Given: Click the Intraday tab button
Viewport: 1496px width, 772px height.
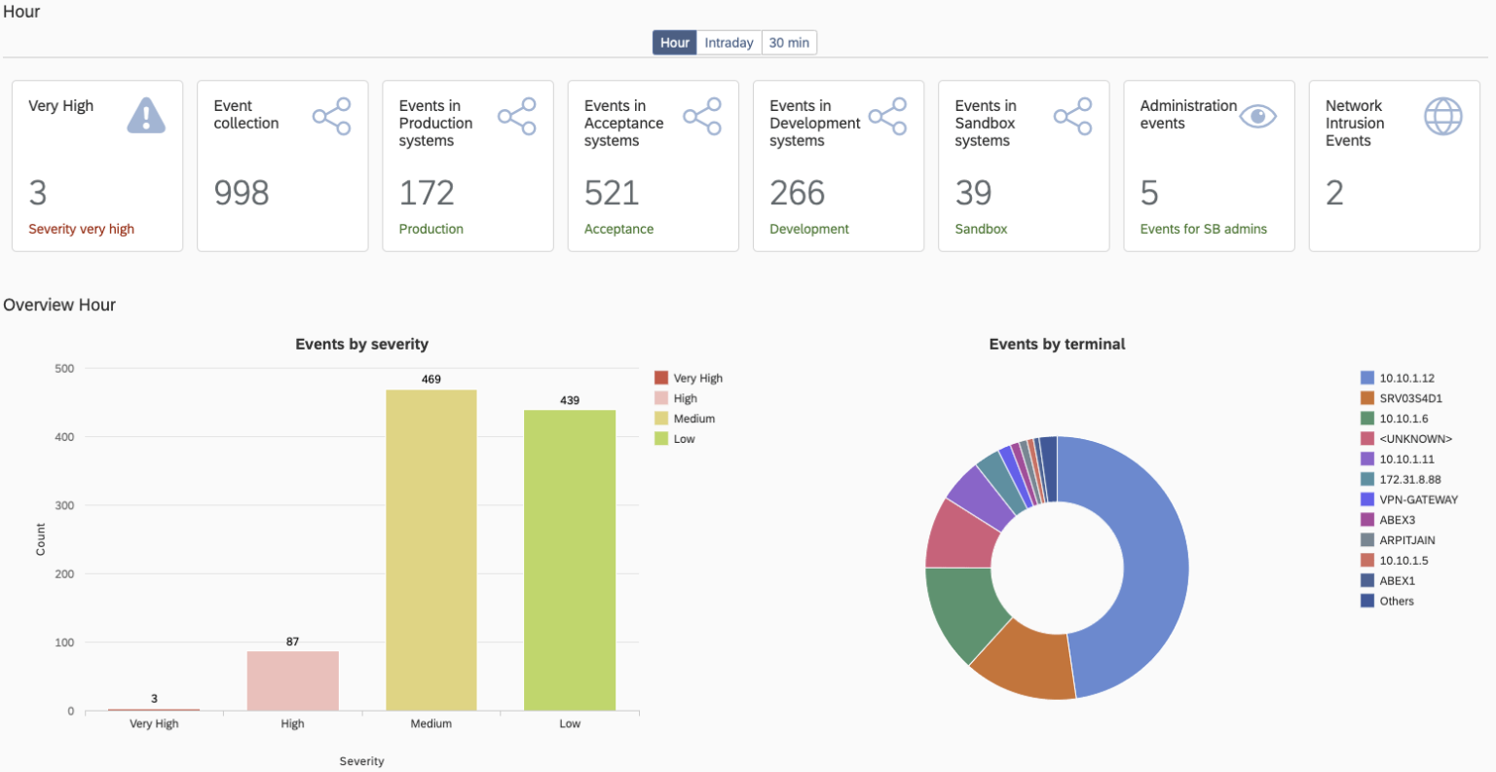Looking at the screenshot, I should point(729,43).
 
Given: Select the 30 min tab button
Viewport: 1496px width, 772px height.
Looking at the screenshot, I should point(789,43).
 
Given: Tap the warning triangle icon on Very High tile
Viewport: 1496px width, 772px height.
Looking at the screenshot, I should point(146,116).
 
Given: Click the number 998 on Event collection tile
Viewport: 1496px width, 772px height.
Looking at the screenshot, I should point(242,193).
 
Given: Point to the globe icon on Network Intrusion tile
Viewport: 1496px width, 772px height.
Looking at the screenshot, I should point(1442,117).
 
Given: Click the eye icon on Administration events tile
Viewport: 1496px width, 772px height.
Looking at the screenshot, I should point(1257,117).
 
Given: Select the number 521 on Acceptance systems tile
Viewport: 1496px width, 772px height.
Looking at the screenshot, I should point(612,193).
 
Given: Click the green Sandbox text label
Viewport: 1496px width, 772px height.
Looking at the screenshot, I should point(981,229).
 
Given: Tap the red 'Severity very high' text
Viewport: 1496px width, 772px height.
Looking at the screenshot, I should point(81,229).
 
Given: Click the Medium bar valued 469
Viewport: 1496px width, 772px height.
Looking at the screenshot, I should point(431,550).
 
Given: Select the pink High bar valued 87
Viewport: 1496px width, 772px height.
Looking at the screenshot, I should point(292,680).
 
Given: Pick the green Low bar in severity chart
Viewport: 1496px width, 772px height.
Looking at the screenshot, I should point(570,560).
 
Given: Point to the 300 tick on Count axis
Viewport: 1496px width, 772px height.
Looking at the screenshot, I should point(64,505).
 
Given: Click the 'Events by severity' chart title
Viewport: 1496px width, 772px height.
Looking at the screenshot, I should point(361,344).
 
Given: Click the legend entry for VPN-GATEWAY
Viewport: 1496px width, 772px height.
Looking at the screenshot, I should point(1417,499).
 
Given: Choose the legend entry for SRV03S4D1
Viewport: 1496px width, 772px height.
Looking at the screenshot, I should point(1409,398).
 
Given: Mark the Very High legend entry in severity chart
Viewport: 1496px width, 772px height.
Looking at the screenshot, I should point(696,378).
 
